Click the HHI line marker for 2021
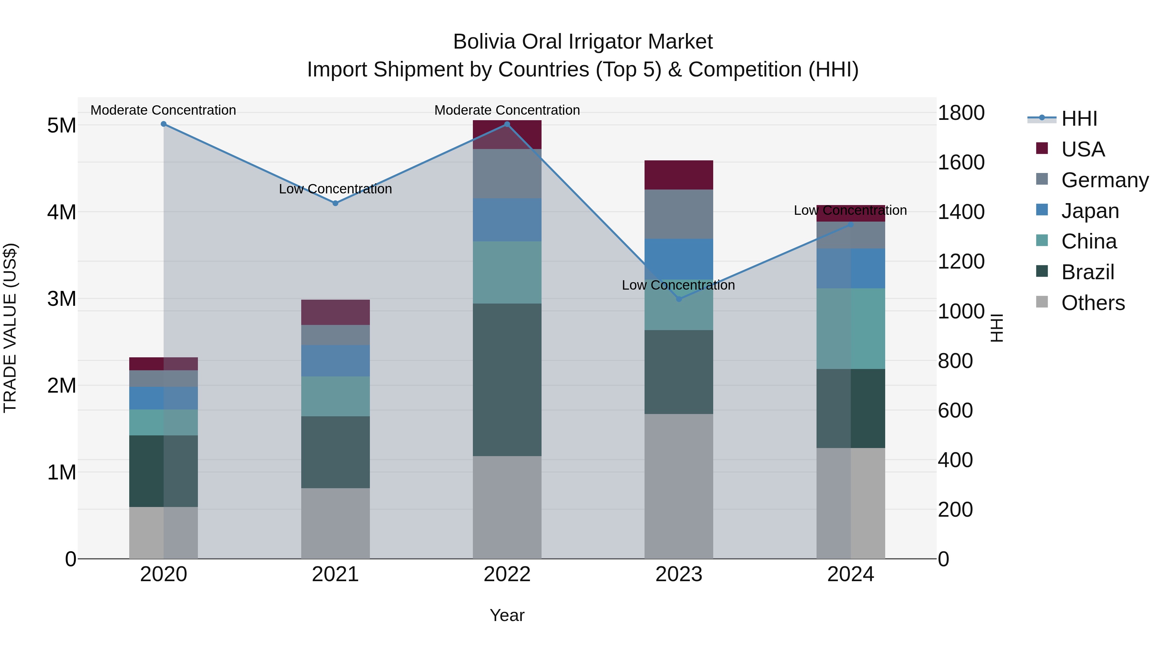click(x=336, y=203)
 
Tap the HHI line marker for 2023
click(x=679, y=299)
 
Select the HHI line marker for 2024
click(x=851, y=224)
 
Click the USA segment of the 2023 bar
click(x=679, y=175)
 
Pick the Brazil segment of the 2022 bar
click(x=507, y=379)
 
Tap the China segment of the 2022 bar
click(x=507, y=272)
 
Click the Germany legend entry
click(x=1104, y=180)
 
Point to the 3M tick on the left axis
click(x=62, y=299)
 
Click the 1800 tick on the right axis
click(x=961, y=113)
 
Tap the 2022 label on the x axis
click(x=507, y=574)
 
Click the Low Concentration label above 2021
click(x=336, y=189)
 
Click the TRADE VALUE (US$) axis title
click(x=10, y=328)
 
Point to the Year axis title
click(x=507, y=615)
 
